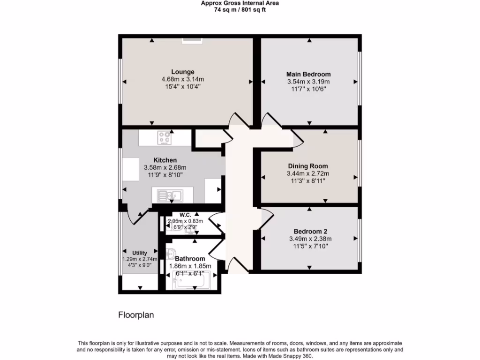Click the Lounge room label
(x=182, y=72)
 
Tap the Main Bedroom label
(x=308, y=74)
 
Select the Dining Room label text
(x=307, y=166)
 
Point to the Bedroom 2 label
(x=310, y=231)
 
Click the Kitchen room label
(x=165, y=160)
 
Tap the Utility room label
(x=139, y=253)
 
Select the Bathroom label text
(x=190, y=259)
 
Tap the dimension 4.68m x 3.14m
(x=182, y=79)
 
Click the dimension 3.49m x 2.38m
(x=310, y=239)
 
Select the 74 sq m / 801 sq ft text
(x=240, y=9)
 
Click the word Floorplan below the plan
(x=136, y=315)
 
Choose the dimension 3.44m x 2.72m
(x=307, y=173)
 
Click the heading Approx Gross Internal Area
(x=240, y=3)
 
